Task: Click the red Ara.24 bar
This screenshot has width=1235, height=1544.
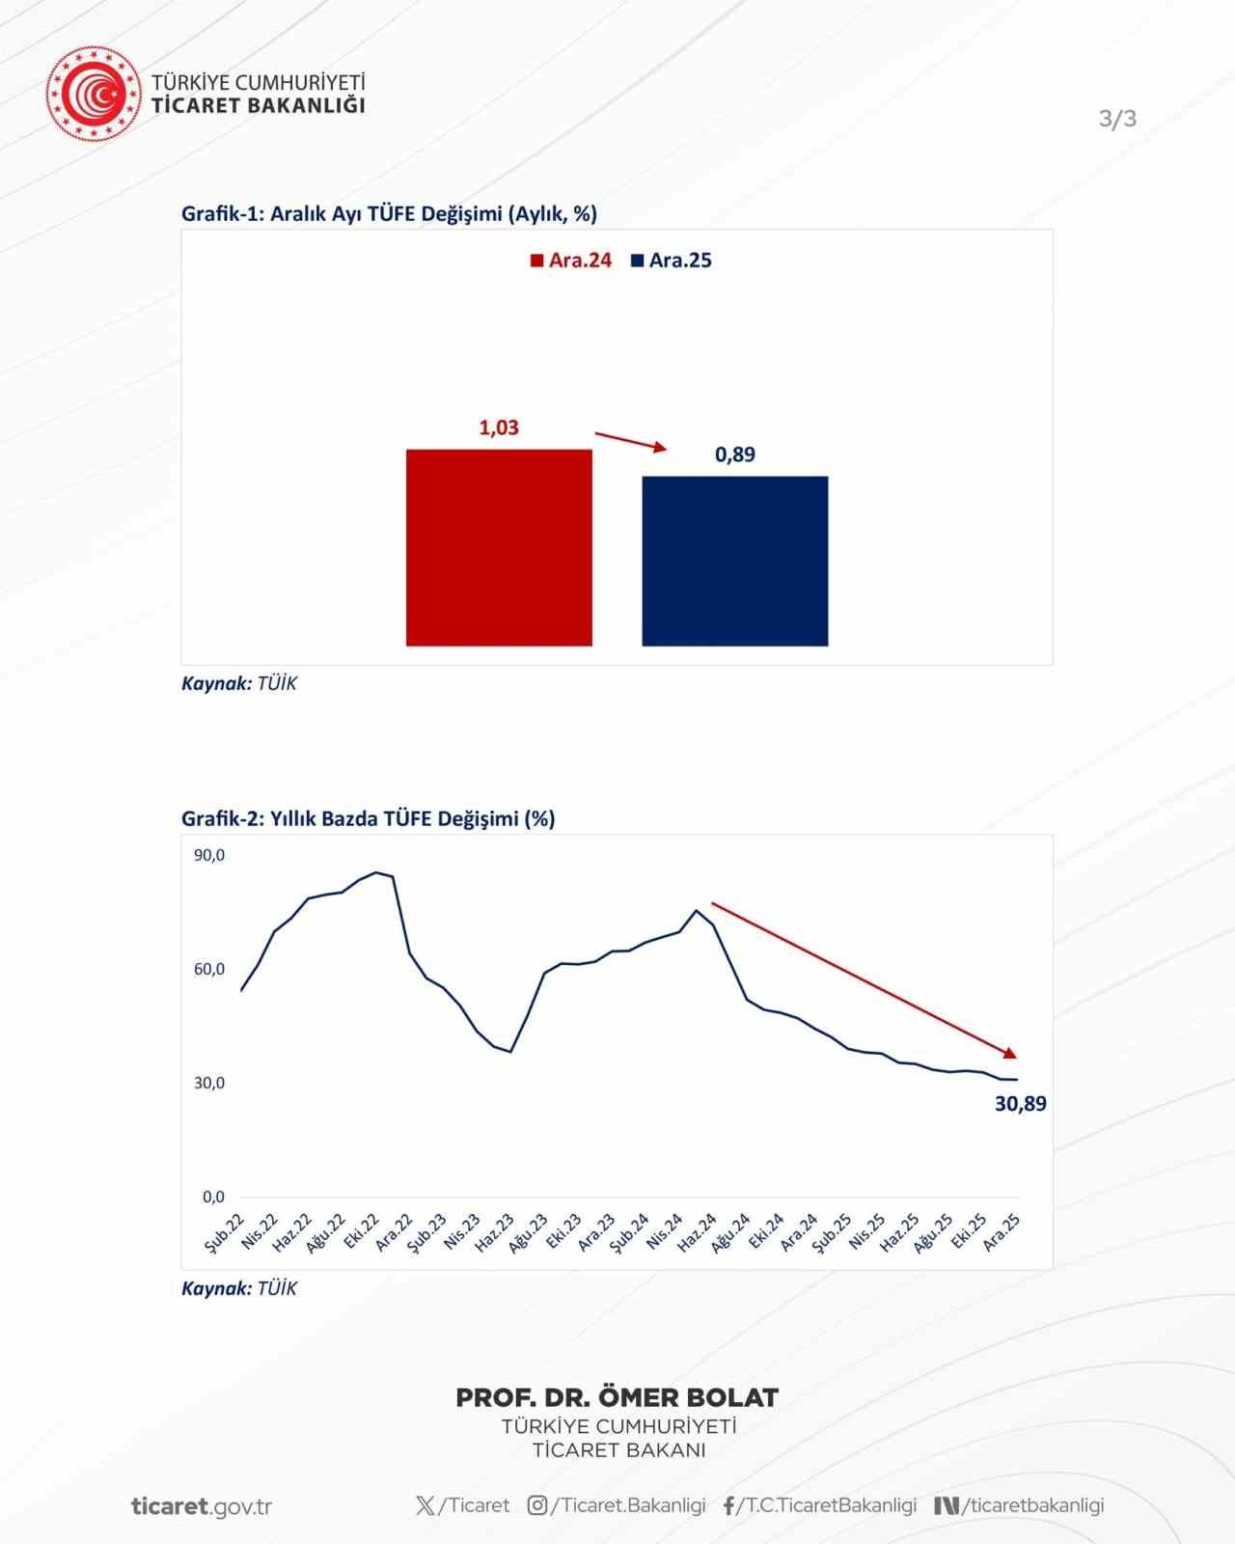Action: (x=499, y=547)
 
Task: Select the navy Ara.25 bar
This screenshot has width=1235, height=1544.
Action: (x=734, y=561)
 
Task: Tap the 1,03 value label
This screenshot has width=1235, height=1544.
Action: (x=499, y=427)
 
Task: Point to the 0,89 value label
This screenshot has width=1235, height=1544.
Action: (x=735, y=455)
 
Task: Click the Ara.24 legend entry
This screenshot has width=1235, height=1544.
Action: (x=571, y=261)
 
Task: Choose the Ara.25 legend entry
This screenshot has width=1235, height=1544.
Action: (x=672, y=261)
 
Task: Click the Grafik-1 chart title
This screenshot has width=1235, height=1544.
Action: (x=389, y=213)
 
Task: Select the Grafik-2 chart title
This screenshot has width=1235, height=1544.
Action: (x=368, y=818)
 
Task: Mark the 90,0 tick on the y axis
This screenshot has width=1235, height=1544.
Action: (x=209, y=855)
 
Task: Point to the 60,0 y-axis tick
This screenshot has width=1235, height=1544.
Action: (x=209, y=969)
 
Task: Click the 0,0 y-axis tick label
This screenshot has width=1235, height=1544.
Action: (x=213, y=1197)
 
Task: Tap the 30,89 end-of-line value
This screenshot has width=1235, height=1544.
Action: (x=1020, y=1104)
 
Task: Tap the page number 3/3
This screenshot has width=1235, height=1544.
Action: (x=1117, y=119)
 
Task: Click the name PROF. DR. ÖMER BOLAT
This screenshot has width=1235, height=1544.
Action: (x=617, y=1397)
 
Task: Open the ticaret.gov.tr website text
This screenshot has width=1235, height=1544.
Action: (x=202, y=1506)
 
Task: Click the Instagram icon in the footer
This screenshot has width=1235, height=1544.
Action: (x=537, y=1505)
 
